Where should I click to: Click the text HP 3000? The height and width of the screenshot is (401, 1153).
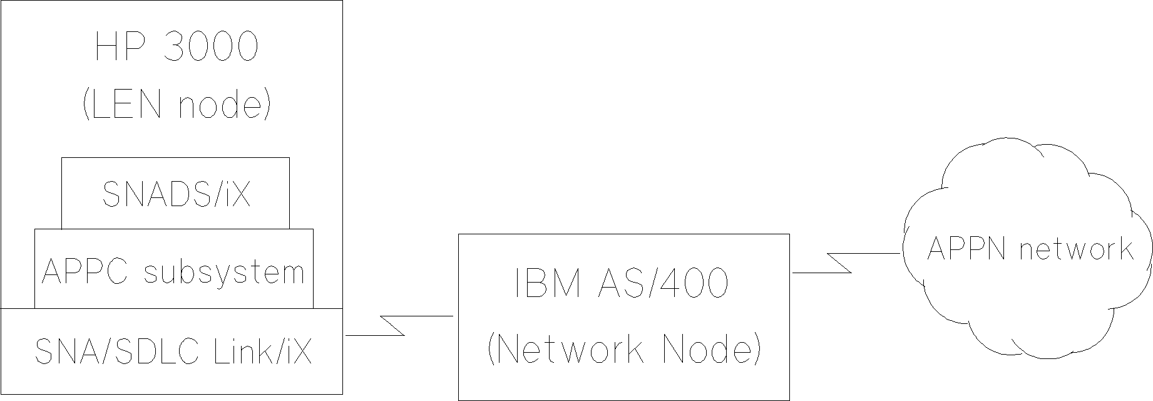tap(176, 47)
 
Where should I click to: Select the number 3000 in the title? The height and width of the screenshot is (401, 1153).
tap(210, 47)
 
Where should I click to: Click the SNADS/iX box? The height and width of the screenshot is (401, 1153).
tap(176, 194)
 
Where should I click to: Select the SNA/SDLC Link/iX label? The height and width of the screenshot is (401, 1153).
tap(173, 352)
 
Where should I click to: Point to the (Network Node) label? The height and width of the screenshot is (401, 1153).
tap(623, 348)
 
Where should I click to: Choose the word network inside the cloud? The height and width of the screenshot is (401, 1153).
tap(1075, 249)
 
